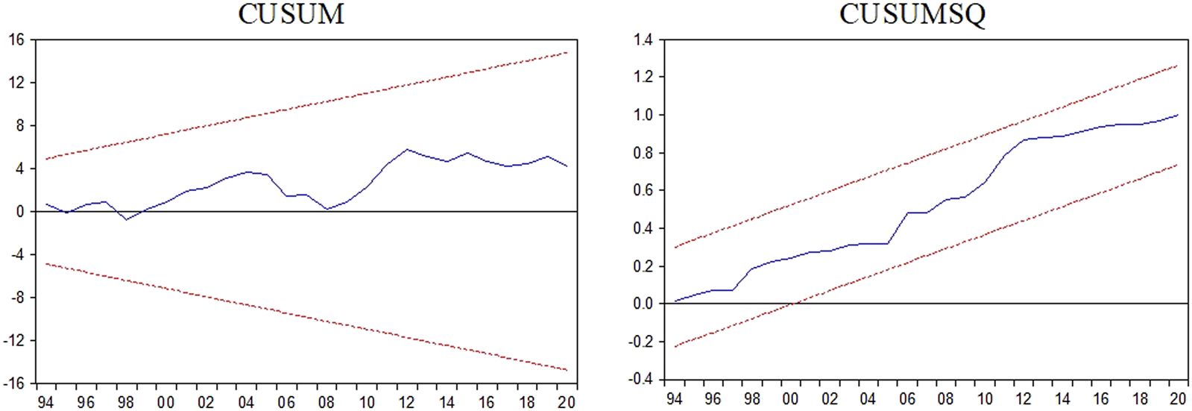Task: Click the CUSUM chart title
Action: pos(291,14)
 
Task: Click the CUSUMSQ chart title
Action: pos(912,14)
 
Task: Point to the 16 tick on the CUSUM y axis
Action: pos(17,40)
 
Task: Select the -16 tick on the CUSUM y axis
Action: pos(14,383)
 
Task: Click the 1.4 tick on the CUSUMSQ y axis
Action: pos(643,40)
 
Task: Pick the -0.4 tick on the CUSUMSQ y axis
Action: pos(640,379)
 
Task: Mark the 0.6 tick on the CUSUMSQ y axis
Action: pos(643,190)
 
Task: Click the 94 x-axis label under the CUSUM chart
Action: pos(45,402)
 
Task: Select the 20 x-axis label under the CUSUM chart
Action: pos(567,402)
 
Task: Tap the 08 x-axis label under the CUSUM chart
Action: pos(327,402)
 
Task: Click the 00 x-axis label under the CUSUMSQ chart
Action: pos(791,398)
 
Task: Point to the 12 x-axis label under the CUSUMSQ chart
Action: pos(1024,398)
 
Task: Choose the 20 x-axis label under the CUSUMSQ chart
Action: pos(1178,398)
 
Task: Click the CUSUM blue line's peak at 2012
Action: pos(406,149)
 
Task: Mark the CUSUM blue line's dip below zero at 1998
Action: pos(126,219)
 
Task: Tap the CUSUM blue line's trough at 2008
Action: pos(327,209)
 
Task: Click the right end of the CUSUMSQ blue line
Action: pos(1178,115)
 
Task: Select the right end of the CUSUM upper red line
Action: pos(567,52)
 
